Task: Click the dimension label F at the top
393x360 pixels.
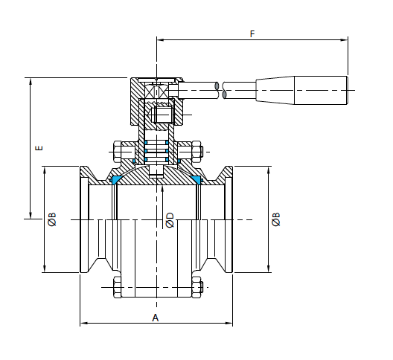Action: [x=252, y=33]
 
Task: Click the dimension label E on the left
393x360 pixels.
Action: [x=39, y=148]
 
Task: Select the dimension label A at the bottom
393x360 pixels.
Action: [x=156, y=318]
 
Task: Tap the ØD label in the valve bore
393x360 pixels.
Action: [x=170, y=220]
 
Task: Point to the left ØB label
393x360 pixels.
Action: [x=52, y=219]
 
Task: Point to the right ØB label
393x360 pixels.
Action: [x=276, y=219]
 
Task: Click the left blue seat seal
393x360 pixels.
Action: [x=116, y=179]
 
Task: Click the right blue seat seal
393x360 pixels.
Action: [x=196, y=179]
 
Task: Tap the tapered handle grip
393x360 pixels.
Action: [x=301, y=90]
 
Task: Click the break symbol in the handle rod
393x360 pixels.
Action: [x=220, y=90]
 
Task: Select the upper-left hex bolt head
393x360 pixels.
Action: [x=118, y=152]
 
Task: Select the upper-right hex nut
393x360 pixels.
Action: [x=196, y=152]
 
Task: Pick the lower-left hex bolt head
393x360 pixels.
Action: [x=118, y=287]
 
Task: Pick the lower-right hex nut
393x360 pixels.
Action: [x=196, y=287]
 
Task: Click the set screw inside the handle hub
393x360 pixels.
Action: [x=164, y=115]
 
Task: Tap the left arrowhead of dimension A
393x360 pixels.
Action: [x=83, y=323]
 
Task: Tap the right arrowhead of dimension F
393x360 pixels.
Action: [x=344, y=39]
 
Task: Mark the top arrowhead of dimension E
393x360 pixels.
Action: [x=31, y=81]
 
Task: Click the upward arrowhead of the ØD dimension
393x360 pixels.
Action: [x=162, y=189]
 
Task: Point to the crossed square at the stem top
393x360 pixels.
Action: [x=156, y=91]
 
